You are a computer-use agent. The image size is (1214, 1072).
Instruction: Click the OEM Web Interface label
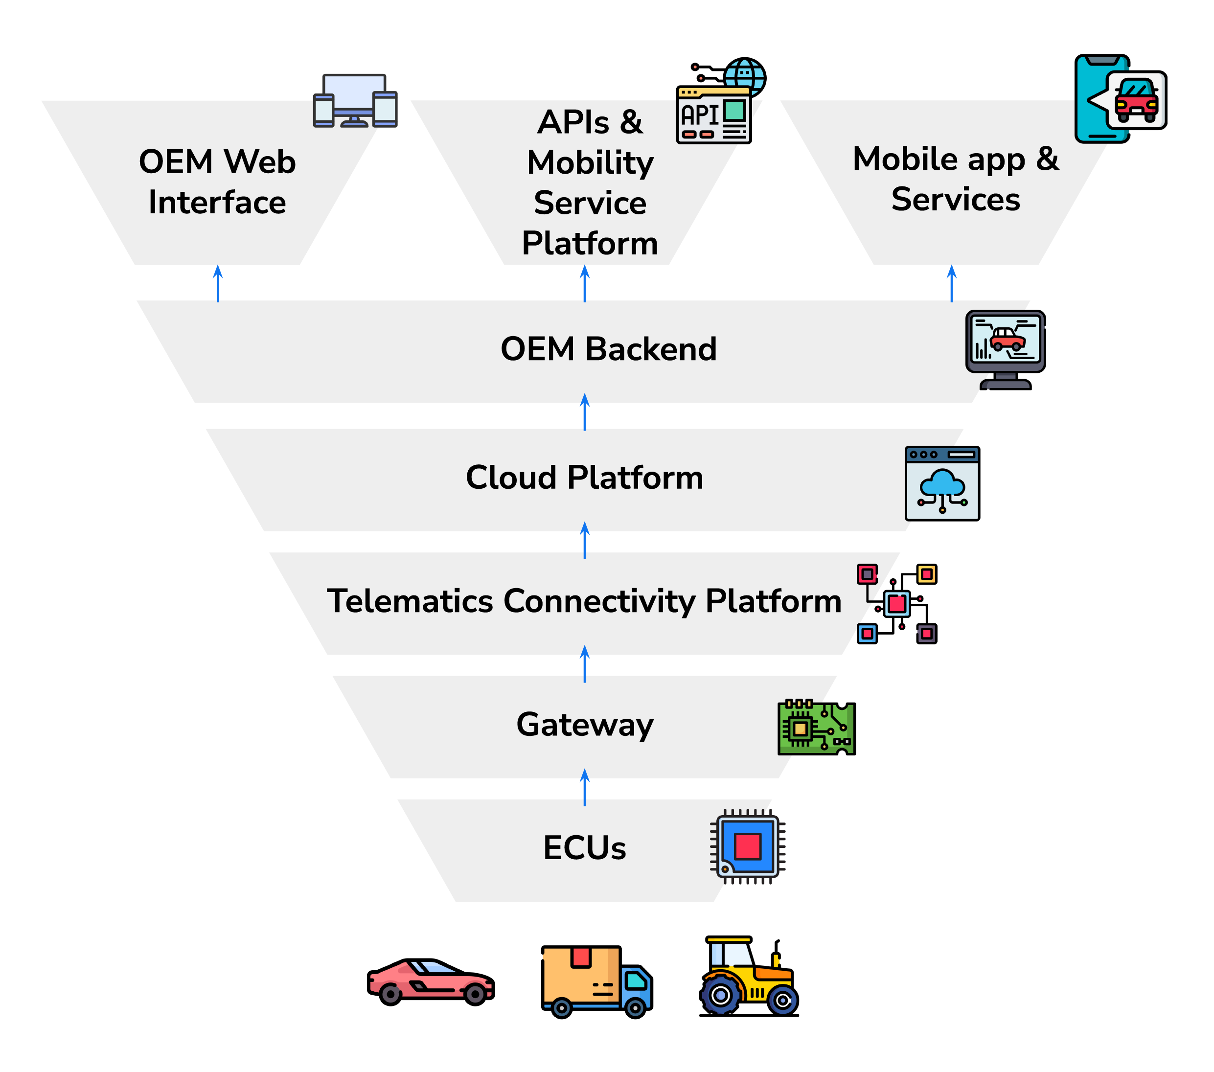pos(217,182)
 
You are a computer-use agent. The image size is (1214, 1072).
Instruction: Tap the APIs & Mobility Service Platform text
pos(590,182)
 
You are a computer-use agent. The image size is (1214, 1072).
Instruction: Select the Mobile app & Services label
pos(956,179)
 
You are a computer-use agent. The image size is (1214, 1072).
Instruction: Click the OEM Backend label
pos(608,349)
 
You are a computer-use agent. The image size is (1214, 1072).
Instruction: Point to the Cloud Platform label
pos(584,478)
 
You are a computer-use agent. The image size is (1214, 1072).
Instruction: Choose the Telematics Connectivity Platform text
pos(584,601)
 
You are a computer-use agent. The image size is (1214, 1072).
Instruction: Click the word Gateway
pos(584,725)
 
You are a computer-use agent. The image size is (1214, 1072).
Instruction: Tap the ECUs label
pos(584,848)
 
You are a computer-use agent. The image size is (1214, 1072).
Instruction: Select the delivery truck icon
pos(596,981)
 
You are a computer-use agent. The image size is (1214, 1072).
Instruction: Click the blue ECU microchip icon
pos(747,846)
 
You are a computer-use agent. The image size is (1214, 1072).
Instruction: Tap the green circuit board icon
pos(817,728)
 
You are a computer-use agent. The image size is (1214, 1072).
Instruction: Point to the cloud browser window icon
pos(942,483)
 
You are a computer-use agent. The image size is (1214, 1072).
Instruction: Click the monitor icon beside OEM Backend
pos(1005,349)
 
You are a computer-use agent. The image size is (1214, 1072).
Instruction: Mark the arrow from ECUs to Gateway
pos(584,788)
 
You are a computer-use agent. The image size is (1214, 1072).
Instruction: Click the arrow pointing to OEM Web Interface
pos(218,283)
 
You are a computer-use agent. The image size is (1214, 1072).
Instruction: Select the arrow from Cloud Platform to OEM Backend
pos(584,411)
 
